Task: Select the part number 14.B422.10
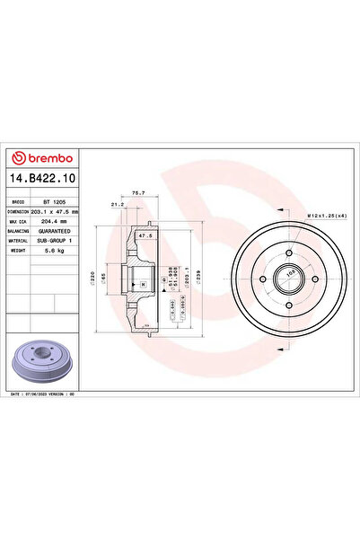pyautogui.click(x=42, y=180)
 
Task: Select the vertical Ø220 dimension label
pyautogui.click(x=93, y=279)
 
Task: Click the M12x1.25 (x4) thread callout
pyautogui.click(x=329, y=215)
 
